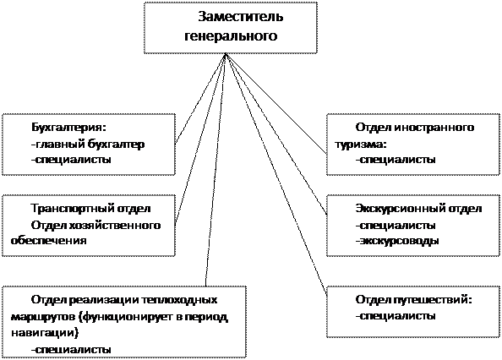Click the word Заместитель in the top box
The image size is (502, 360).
pos(240,17)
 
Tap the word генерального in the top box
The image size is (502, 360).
pos(231,35)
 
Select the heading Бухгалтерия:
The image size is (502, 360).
pos(68,128)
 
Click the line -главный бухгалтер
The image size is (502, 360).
pos(88,145)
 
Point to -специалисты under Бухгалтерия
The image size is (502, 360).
pos(71,160)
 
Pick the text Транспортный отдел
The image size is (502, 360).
pos(90,209)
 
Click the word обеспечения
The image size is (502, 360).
pos(49,240)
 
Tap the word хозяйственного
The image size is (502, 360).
pos(114,226)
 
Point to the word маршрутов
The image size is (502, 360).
pos(43,317)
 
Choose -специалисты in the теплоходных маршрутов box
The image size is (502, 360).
pos(71,349)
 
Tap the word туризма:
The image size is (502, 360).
pos(361,145)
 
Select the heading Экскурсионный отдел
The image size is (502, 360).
pos(418,209)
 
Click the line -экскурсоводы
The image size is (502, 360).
pos(396,241)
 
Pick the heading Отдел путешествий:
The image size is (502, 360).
pos(413,300)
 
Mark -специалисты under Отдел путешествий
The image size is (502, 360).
pos(396,316)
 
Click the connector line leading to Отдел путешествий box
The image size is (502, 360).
pos(276,173)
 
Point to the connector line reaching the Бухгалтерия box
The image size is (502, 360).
pos(200,98)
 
